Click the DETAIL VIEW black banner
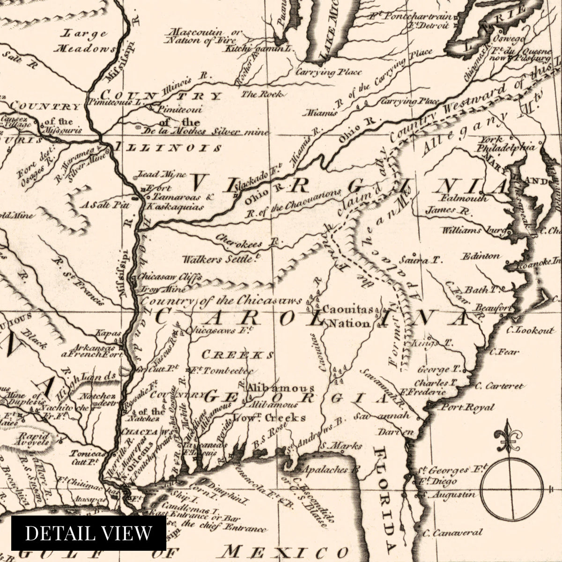click(89, 533)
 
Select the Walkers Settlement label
click(220, 259)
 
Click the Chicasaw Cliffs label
click(170, 277)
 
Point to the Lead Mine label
click(154, 175)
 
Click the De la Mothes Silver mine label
click(201, 132)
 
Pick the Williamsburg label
click(473, 230)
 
